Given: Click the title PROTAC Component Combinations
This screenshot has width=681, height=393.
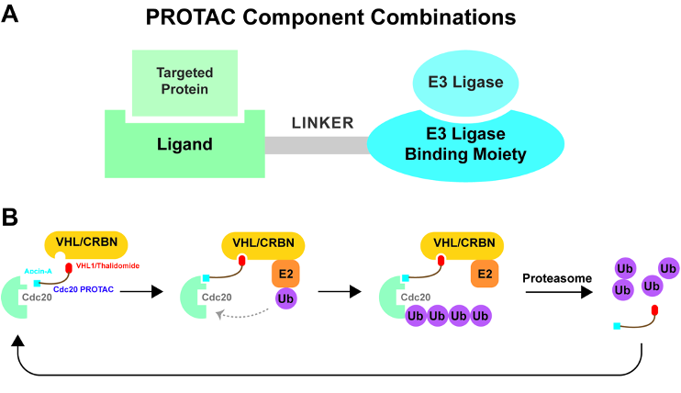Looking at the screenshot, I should point(341,18).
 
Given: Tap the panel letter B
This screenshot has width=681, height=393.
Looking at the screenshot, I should point(12,219).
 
